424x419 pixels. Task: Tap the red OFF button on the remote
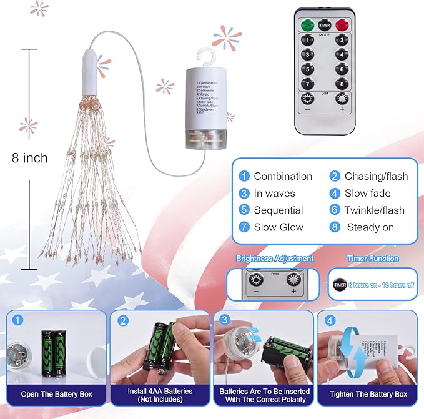(342, 24)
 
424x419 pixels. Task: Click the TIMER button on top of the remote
(324, 24)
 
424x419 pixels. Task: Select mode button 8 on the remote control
(342, 83)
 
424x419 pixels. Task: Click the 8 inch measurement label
(29, 158)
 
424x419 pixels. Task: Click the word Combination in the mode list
(283, 176)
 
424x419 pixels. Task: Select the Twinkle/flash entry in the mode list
(374, 210)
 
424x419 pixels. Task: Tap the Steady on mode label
(370, 227)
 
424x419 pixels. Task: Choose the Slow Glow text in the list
(278, 227)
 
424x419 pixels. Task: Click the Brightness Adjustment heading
(275, 259)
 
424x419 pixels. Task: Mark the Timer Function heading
(372, 259)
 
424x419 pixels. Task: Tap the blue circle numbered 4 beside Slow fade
(335, 193)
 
